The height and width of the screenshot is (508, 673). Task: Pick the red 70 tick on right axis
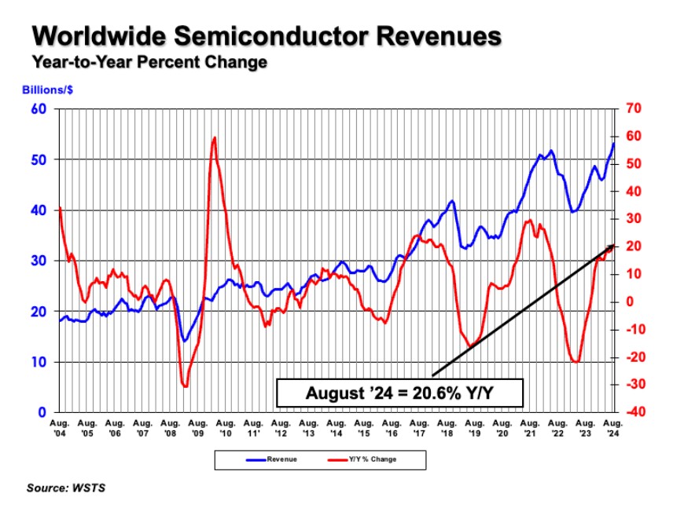[x=633, y=108]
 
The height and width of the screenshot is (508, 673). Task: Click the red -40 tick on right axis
[x=634, y=412]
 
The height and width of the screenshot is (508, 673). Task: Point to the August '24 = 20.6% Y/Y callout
[x=399, y=393]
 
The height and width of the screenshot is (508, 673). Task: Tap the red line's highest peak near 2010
[x=214, y=137]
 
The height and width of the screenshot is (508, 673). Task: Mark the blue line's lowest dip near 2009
[x=184, y=341]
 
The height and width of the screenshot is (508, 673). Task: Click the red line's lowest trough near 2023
[x=576, y=362]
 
